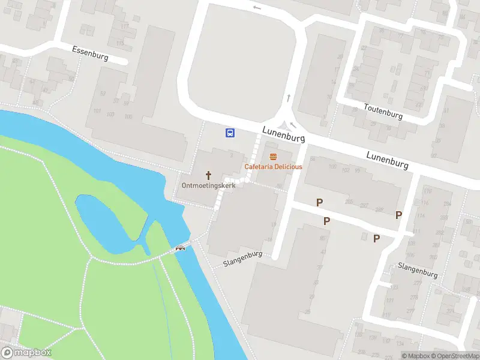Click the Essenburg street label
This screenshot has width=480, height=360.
click(90, 53)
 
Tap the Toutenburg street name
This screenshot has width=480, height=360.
click(383, 111)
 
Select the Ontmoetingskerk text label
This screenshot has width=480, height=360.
click(208, 186)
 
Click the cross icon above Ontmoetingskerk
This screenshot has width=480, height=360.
click(209, 175)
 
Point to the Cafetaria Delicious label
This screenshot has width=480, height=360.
click(273, 166)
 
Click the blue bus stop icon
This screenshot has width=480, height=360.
click(230, 133)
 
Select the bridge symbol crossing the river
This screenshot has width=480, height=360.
click(180, 248)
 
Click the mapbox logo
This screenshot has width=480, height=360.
click(26, 353)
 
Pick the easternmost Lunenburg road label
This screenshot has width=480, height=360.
click(388, 160)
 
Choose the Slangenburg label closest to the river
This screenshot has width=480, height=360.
click(243, 262)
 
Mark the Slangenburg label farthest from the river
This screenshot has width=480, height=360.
click(418, 269)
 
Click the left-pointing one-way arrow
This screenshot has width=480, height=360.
click(257, 8)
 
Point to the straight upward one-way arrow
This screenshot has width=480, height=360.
click(289, 97)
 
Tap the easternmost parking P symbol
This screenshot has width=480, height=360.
click(398, 215)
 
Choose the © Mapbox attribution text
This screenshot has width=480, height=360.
click(415, 356)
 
